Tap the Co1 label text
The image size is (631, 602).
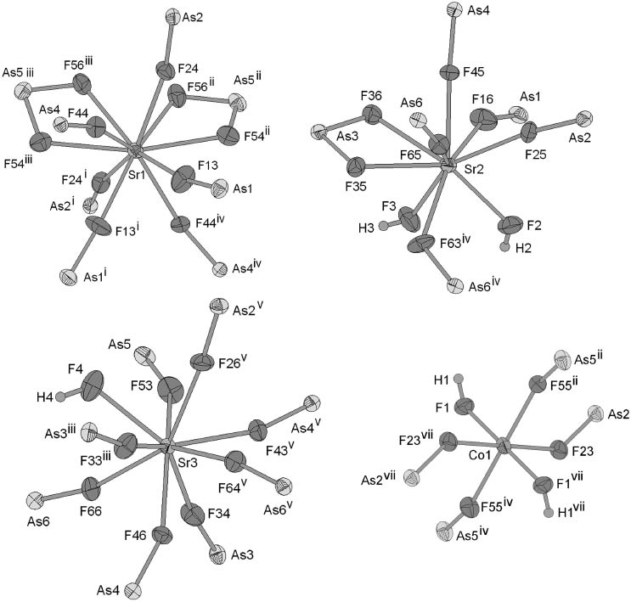point(480,455)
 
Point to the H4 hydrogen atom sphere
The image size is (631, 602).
point(61,397)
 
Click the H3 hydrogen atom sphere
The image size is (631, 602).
point(383,228)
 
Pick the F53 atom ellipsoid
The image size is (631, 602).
point(170,390)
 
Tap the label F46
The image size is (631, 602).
point(135,536)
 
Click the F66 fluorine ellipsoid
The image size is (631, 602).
point(91,488)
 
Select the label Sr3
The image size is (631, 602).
point(188,463)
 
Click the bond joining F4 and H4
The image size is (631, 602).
point(74,394)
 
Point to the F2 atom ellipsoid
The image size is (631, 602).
point(510,224)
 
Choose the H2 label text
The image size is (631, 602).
point(524,248)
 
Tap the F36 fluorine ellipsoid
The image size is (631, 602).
point(373,114)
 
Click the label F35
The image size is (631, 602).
point(355,187)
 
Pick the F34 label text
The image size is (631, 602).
point(219,514)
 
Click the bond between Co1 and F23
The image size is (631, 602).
point(531,447)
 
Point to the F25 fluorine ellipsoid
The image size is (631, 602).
point(530,132)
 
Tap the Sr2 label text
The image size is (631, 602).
point(474,170)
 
